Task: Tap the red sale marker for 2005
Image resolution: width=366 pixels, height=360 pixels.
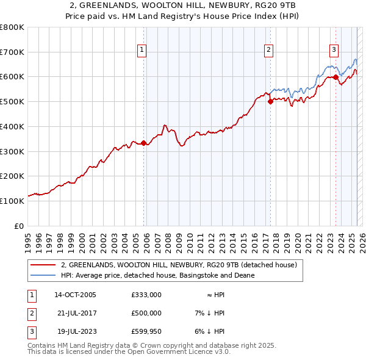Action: coord(144,143)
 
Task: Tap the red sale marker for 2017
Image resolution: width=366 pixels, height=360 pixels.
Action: coord(270,102)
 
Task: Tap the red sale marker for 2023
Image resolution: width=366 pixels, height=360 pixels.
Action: coord(335,77)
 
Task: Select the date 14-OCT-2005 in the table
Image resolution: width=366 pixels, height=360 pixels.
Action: coord(75,294)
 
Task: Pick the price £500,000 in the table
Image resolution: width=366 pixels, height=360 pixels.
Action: coord(146,313)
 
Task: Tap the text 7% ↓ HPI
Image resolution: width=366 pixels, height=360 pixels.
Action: coord(209,313)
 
